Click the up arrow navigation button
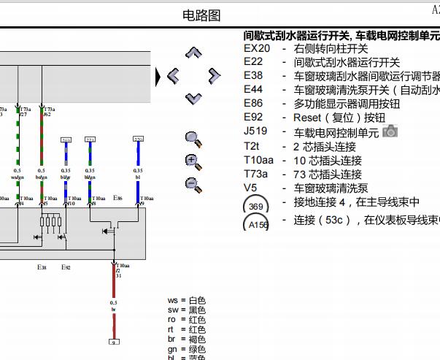coord(193,53)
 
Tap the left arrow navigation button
coord(173,74)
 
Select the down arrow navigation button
coord(193,97)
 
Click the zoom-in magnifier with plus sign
coord(193,161)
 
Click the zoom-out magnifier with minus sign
coord(193,184)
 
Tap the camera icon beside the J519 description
coord(390,131)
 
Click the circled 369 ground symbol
coord(255,206)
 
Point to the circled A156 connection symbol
coord(257,223)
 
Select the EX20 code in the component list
coord(256,49)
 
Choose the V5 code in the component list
coord(250,188)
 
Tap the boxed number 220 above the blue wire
coord(138,139)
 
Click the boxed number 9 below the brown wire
coord(114,342)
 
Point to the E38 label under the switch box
coord(42,267)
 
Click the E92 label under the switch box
coord(66,267)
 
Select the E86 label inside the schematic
coord(117,198)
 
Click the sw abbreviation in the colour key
coord(173,310)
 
